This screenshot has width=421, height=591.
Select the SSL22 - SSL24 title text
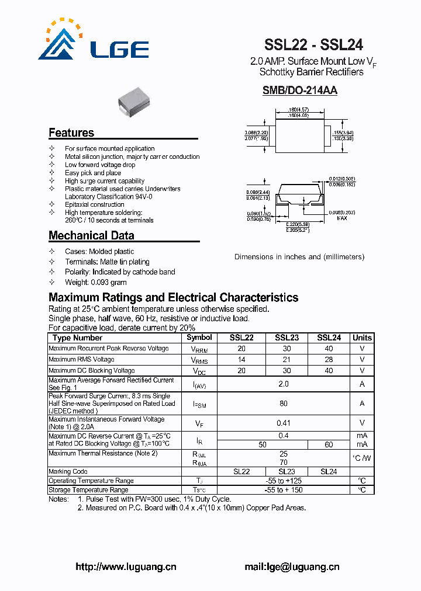[x=313, y=45]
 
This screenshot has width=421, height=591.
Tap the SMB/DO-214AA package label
[x=299, y=91]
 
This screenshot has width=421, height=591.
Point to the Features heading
[x=71, y=133]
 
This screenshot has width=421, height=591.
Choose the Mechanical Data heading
[x=91, y=235]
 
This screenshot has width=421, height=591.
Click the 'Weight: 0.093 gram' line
[x=96, y=282]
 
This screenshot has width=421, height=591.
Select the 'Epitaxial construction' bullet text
[x=95, y=204]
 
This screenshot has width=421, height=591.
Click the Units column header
[x=362, y=338]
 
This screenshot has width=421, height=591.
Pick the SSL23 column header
[x=287, y=338]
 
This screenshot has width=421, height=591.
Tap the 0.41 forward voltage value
[x=284, y=423]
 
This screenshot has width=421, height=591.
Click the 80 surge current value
[x=284, y=403]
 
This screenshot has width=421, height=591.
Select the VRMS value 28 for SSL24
[x=329, y=360]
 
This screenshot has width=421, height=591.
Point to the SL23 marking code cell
[x=287, y=471]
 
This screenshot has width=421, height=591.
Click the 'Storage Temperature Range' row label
[x=88, y=490]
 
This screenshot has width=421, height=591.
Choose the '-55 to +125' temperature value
[x=284, y=481]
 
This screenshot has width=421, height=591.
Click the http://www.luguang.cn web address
[x=126, y=566]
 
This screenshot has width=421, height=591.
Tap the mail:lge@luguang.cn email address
[x=292, y=566]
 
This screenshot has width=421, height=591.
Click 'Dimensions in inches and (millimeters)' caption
[x=299, y=257]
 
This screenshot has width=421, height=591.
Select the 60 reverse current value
[x=329, y=444]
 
